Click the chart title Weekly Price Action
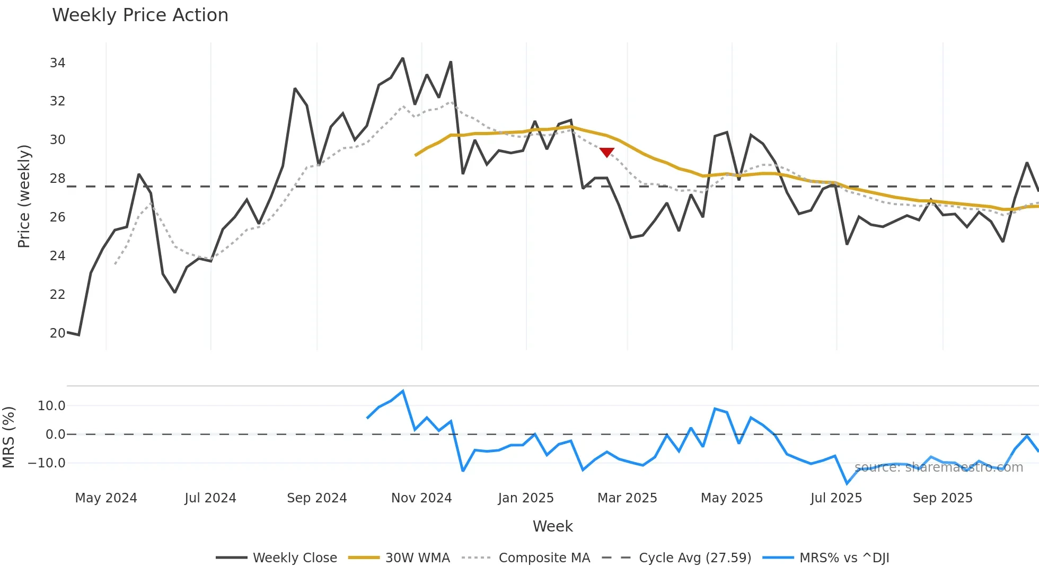pyautogui.click(x=140, y=15)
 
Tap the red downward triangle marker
pyautogui.click(x=606, y=152)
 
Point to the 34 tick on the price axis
pyautogui.click(x=57, y=63)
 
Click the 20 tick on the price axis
pyautogui.click(x=57, y=333)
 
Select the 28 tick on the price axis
pyautogui.click(x=57, y=179)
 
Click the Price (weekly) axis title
pyautogui.click(x=24, y=196)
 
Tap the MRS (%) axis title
pyautogui.click(x=9, y=437)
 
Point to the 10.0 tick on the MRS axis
pyautogui.click(x=51, y=406)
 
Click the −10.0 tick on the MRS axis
pyautogui.click(x=47, y=463)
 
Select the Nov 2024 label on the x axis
pyautogui.click(x=421, y=498)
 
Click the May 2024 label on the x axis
pyautogui.click(x=106, y=498)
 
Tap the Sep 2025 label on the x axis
pyautogui.click(x=943, y=498)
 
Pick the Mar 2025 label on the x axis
pyautogui.click(x=627, y=498)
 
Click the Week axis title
pyautogui.click(x=552, y=526)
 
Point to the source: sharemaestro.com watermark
pyautogui.click(x=939, y=467)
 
